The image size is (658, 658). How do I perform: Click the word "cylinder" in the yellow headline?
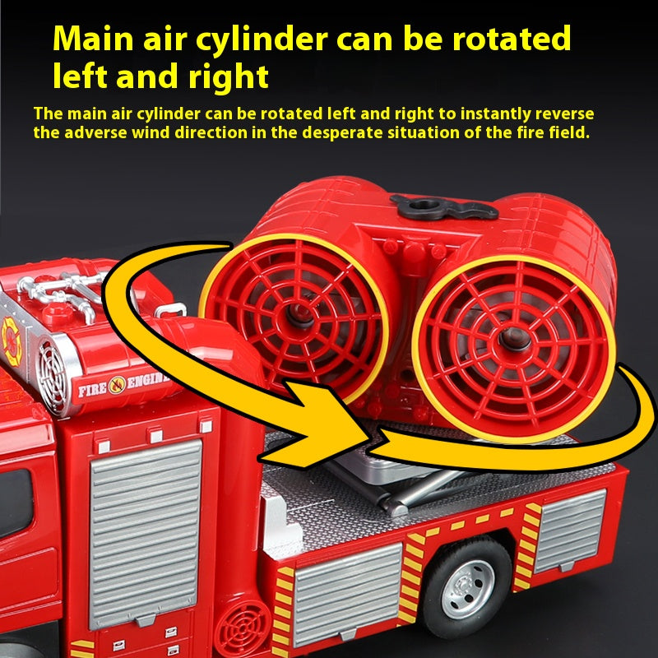coord(262,39)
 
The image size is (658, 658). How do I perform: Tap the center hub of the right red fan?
coord(515,338)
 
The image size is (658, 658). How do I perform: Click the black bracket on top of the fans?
coord(444,206)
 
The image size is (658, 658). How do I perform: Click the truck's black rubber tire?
coord(466,586)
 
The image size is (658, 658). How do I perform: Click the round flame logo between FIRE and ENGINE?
coord(117,386)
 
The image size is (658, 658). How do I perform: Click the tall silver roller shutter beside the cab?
coord(146,532)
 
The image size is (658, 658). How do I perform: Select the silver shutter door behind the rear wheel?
coord(570,531)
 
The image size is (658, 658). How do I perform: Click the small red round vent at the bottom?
coord(243,629)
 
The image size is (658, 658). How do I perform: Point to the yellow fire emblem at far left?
coord(11,341)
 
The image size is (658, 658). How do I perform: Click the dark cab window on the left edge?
coord(16,503)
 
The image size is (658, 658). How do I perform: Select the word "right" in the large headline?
coord(229,78)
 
